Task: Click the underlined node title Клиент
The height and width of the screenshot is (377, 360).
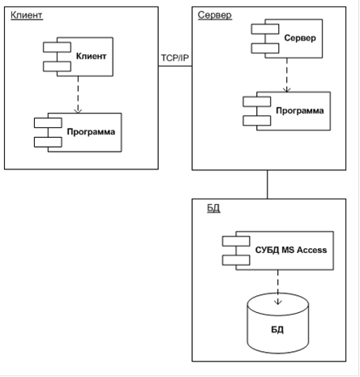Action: click(27, 15)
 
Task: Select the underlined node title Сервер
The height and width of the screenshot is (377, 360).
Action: click(215, 15)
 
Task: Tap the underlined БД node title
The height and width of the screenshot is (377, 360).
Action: click(213, 208)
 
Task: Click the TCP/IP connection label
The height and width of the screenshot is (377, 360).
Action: click(175, 58)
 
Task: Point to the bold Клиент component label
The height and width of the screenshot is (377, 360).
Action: click(91, 56)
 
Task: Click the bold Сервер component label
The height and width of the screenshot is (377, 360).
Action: click(300, 38)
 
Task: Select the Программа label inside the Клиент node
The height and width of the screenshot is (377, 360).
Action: click(91, 132)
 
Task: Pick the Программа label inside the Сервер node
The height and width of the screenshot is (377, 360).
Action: click(300, 110)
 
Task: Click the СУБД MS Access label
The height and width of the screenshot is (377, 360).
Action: click(291, 250)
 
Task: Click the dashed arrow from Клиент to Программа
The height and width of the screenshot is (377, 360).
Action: click(78, 95)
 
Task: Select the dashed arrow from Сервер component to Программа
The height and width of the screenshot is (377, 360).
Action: click(287, 75)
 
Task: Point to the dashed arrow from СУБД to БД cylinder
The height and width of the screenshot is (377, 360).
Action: click(278, 287)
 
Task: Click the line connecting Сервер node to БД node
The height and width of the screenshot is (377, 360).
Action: click(268, 185)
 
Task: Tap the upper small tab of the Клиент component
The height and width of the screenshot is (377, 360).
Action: click(57, 47)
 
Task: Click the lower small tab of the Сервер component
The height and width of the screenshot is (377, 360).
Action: click(265, 49)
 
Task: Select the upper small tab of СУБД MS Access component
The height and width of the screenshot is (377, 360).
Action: click(236, 241)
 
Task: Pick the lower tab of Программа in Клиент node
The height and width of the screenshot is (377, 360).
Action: click(48, 142)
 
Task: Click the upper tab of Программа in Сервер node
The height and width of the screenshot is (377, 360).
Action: click(257, 101)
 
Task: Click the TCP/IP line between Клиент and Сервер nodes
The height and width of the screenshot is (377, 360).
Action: click(175, 66)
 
